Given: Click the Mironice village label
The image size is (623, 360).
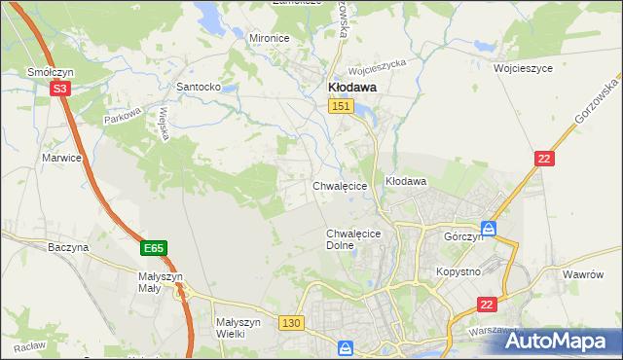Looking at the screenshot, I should tap(270, 38).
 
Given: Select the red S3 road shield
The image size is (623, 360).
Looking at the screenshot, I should tap(60, 89).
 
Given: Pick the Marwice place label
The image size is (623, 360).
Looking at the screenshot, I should tap(59, 157).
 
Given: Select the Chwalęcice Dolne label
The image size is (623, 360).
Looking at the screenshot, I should tap(353, 239).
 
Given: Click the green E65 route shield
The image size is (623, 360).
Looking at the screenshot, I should tap(153, 249).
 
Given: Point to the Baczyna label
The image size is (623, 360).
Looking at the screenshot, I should tap(68, 247).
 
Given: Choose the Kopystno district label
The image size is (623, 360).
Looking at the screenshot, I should tap(458, 271).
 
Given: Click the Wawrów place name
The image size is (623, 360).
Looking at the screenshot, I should tap(584, 274).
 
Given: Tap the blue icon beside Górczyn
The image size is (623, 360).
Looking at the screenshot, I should tap(489, 230).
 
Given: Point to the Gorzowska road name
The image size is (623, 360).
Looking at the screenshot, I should tap(590, 116).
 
